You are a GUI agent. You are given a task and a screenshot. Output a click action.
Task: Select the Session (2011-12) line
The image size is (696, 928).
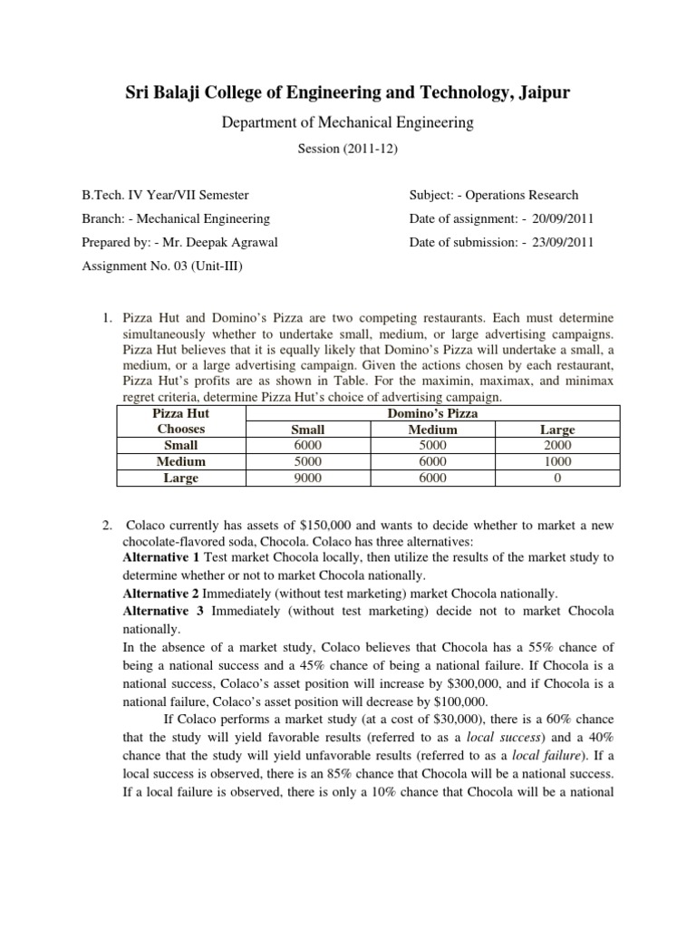[x=348, y=149]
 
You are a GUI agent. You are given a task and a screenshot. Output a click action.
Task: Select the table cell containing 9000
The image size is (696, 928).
[x=310, y=478]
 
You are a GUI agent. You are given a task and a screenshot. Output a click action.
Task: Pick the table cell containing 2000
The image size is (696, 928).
[x=557, y=445]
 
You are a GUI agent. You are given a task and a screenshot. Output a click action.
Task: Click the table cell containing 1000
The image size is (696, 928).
[x=557, y=461]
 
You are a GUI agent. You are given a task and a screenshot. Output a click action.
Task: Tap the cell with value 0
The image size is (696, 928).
[x=557, y=478]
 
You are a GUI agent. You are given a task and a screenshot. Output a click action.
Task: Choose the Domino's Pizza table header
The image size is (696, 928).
[x=433, y=413]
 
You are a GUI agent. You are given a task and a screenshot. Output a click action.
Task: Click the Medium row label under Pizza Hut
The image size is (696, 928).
[x=180, y=461]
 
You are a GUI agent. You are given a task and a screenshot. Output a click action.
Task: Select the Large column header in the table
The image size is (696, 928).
[x=557, y=430]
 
